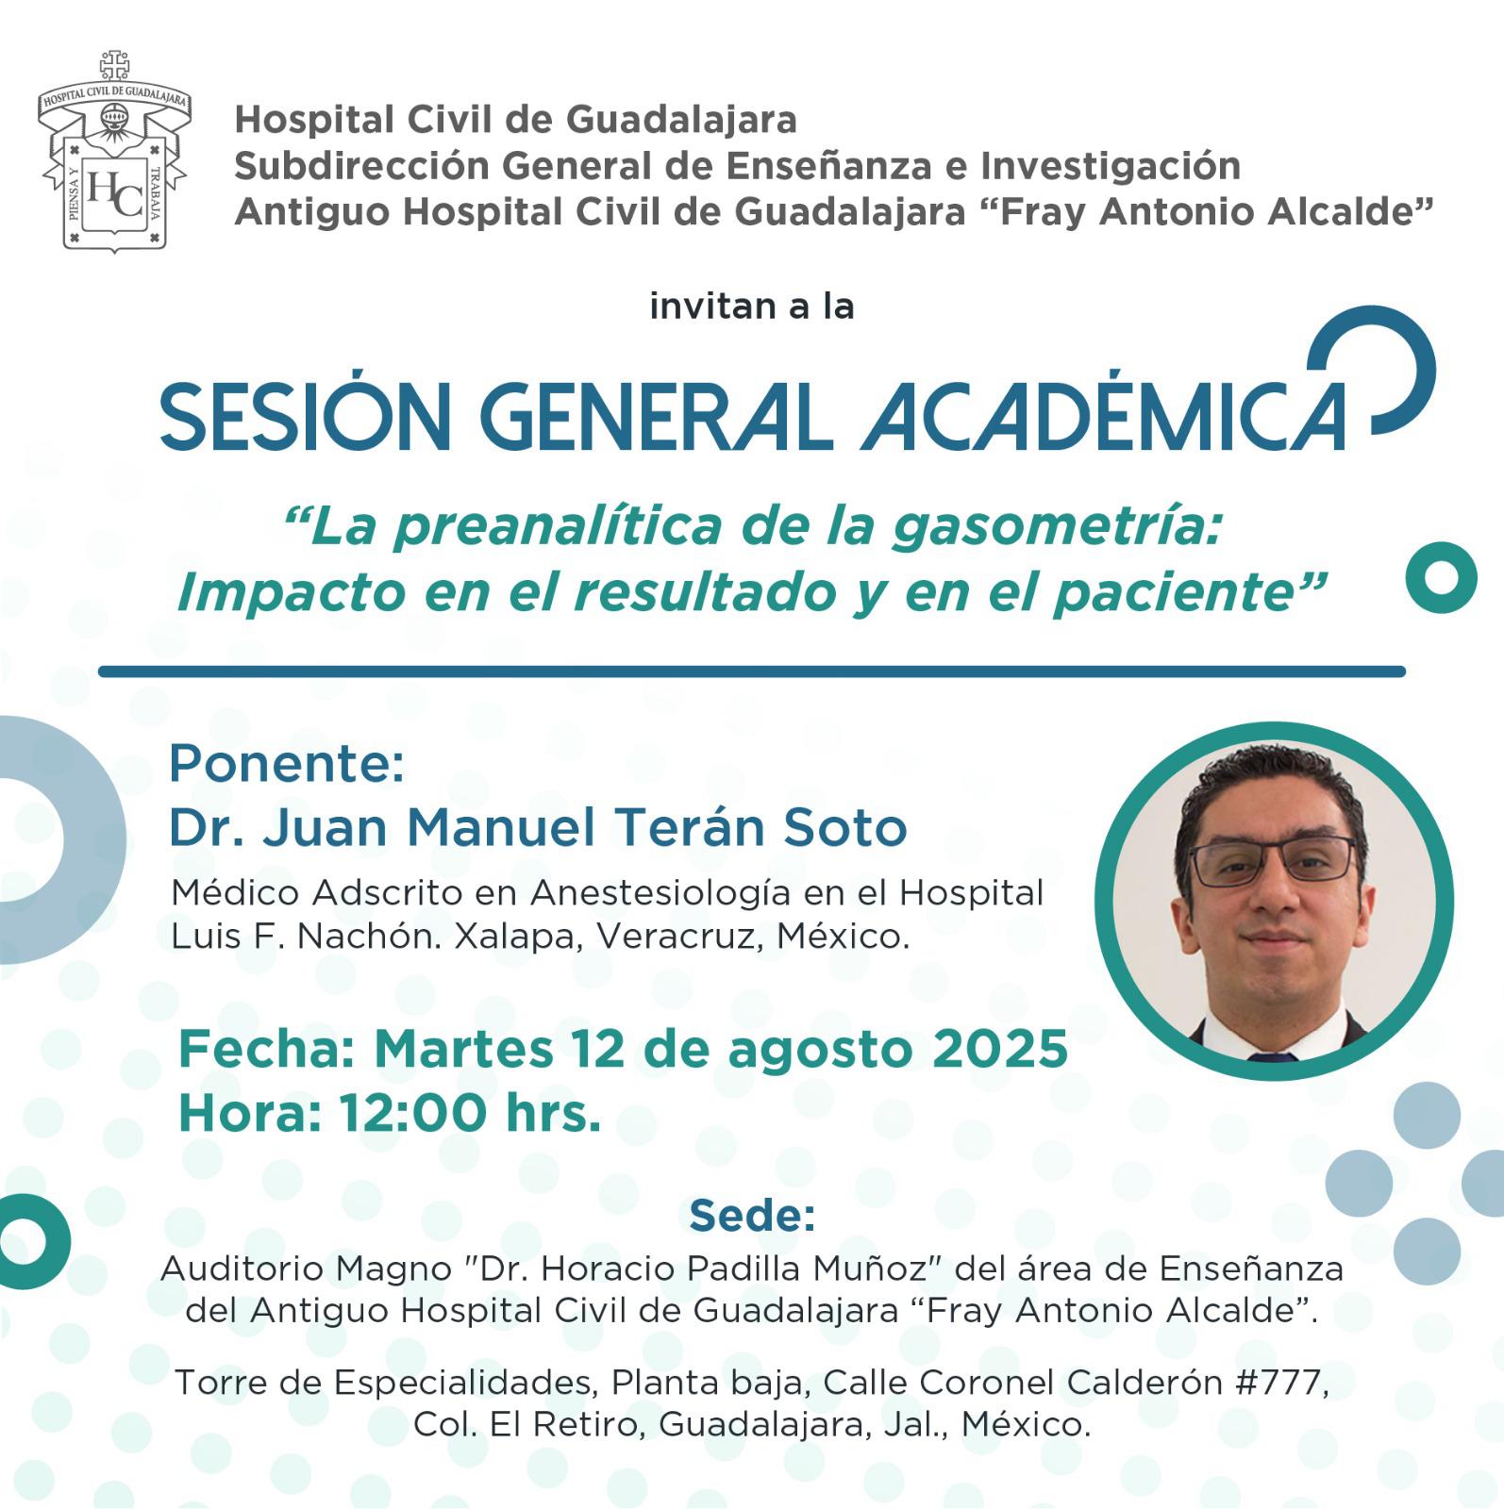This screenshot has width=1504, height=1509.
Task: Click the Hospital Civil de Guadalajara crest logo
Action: pyautogui.click(x=114, y=151)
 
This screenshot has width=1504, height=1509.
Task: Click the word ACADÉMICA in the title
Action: pyautogui.click(x=1104, y=414)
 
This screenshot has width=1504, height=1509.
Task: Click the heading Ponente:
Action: pyautogui.click(x=287, y=763)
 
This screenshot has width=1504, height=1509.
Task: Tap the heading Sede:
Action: pyautogui.click(x=752, y=1216)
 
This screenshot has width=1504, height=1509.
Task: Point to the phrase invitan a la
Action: pyautogui.click(x=752, y=307)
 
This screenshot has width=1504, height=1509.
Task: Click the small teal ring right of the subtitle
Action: pyautogui.click(x=1441, y=577)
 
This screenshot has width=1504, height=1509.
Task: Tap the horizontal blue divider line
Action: pyautogui.click(x=752, y=672)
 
